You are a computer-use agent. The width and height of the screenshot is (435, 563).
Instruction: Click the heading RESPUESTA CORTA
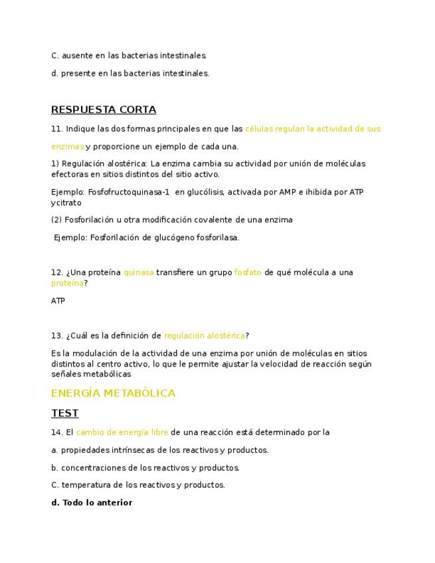[104, 110]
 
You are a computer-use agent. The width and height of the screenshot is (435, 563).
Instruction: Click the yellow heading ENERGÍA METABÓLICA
[113, 393]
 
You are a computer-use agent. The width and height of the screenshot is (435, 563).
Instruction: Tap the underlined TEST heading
[64, 413]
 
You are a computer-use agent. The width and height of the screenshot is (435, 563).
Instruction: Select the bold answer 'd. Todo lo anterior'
[92, 503]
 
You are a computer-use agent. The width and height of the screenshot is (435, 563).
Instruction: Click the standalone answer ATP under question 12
[58, 301]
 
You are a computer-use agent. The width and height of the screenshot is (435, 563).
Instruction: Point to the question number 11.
[56, 129]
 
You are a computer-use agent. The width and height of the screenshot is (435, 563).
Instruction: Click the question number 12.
[56, 272]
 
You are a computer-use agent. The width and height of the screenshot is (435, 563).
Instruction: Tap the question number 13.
[56, 335]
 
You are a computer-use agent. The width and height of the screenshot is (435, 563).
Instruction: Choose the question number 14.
[56, 432]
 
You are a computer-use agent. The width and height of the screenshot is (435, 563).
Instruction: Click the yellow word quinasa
[139, 272]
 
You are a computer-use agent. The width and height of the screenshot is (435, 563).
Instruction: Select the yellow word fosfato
[248, 272]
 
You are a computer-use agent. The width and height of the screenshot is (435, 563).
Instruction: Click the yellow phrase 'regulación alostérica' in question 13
[205, 335]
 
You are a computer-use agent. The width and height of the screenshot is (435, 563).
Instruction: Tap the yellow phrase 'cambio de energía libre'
[122, 432]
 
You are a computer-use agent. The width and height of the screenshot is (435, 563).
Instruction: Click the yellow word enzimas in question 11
[68, 146]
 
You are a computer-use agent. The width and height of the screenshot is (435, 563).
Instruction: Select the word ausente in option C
[77, 56]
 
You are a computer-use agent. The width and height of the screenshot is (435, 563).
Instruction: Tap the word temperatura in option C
[87, 485]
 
